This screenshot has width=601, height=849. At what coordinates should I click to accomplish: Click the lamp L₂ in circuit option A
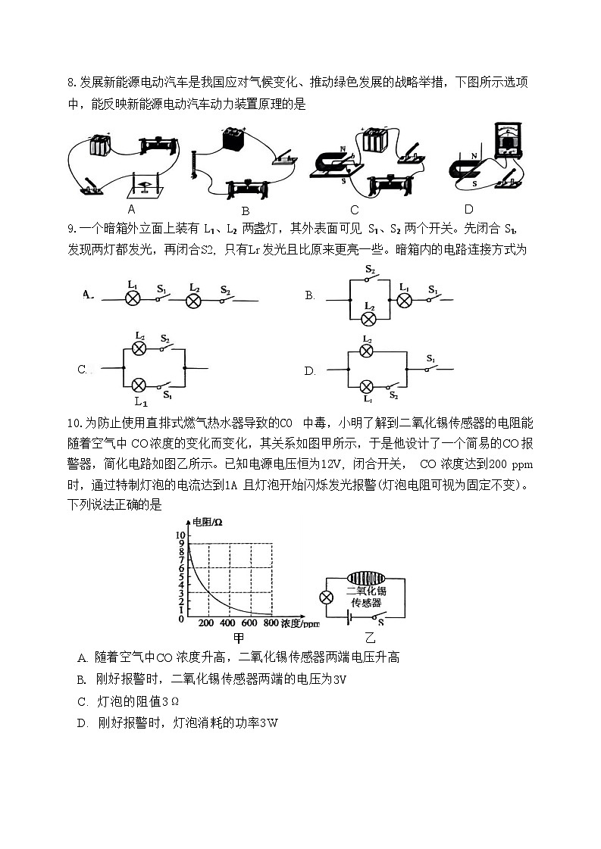[x=194, y=301]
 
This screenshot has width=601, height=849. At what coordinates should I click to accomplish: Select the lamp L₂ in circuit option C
[x=139, y=348]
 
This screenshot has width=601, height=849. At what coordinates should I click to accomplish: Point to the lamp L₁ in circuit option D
[x=368, y=385]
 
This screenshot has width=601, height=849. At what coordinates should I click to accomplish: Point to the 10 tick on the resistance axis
[x=180, y=534]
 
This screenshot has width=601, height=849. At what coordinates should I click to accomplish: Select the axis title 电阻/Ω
[x=206, y=522]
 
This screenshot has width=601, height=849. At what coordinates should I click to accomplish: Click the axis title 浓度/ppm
[x=301, y=623]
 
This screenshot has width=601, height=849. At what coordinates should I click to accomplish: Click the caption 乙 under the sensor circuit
[x=370, y=638]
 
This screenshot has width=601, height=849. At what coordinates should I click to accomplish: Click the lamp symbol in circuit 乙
[x=327, y=597]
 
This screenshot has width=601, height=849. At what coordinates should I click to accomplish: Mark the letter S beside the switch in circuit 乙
[x=380, y=623]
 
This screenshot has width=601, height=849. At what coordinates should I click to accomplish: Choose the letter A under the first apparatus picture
[x=131, y=209]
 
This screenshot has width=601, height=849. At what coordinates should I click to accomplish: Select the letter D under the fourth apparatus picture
[x=468, y=209]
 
